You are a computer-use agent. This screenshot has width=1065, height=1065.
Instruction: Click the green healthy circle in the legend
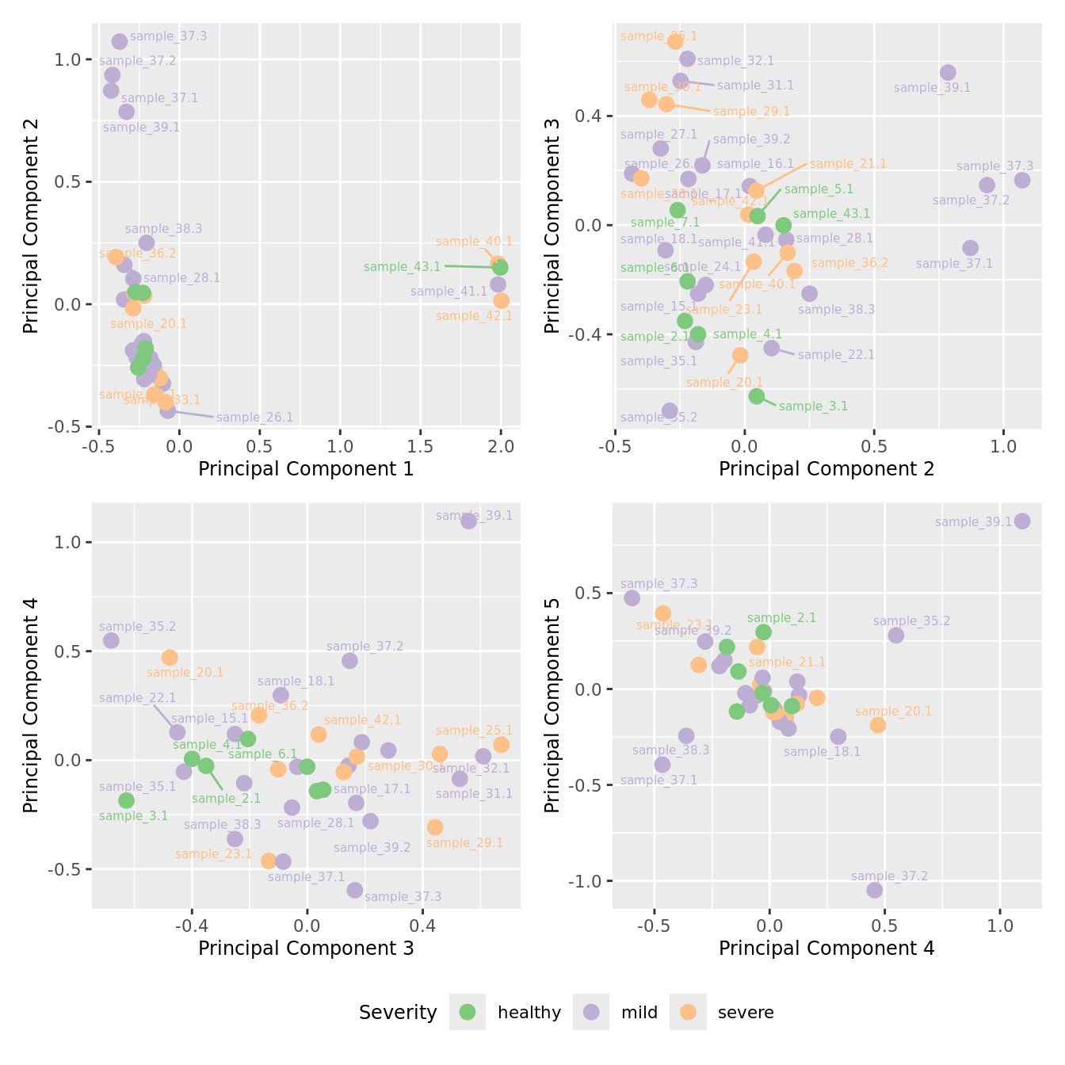(x=468, y=1012)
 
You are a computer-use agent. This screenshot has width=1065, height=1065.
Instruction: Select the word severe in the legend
(x=746, y=1013)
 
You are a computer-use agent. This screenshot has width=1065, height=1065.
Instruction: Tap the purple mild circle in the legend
(x=591, y=1012)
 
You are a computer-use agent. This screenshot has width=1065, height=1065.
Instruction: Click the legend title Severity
(x=398, y=1013)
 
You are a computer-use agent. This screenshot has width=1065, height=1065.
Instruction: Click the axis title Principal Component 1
(x=306, y=469)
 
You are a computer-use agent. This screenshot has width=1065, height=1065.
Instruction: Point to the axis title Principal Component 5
(x=552, y=704)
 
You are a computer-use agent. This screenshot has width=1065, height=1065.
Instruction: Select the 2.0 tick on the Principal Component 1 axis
(x=501, y=445)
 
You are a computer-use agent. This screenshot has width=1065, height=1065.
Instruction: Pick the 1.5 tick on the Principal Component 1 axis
(x=421, y=445)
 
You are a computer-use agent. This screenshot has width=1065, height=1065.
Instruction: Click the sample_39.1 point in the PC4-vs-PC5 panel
(x=1022, y=521)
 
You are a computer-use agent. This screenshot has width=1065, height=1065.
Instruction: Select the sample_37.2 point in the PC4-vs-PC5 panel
(x=875, y=890)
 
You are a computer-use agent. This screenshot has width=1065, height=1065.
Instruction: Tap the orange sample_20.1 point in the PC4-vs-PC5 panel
(x=878, y=725)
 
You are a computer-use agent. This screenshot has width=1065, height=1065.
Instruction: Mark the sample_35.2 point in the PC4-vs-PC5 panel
(x=896, y=635)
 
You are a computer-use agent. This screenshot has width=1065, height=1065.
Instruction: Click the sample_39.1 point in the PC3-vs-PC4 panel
(x=469, y=521)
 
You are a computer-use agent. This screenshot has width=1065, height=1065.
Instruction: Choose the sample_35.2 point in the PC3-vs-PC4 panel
(x=112, y=640)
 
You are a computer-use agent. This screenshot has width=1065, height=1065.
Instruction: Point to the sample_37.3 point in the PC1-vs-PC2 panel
(x=120, y=41)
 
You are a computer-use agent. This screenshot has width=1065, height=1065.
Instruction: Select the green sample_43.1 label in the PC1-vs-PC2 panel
(x=402, y=267)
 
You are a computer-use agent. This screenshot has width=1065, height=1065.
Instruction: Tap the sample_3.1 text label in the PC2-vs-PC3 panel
(x=813, y=407)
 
